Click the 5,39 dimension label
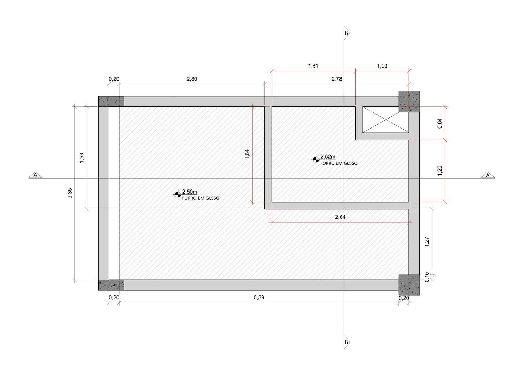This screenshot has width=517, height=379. point(259,298)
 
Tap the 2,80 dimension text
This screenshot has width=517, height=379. point(192,79)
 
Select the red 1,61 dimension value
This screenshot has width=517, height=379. point(313,66)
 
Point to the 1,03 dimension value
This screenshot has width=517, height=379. point(382,66)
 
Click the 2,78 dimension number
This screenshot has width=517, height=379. point(337,79)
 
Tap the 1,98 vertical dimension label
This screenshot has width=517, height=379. point(82,158)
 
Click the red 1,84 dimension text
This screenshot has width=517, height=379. point(247,154)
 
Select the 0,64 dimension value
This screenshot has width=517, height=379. point(440,123)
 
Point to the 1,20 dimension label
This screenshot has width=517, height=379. point(440,171)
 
